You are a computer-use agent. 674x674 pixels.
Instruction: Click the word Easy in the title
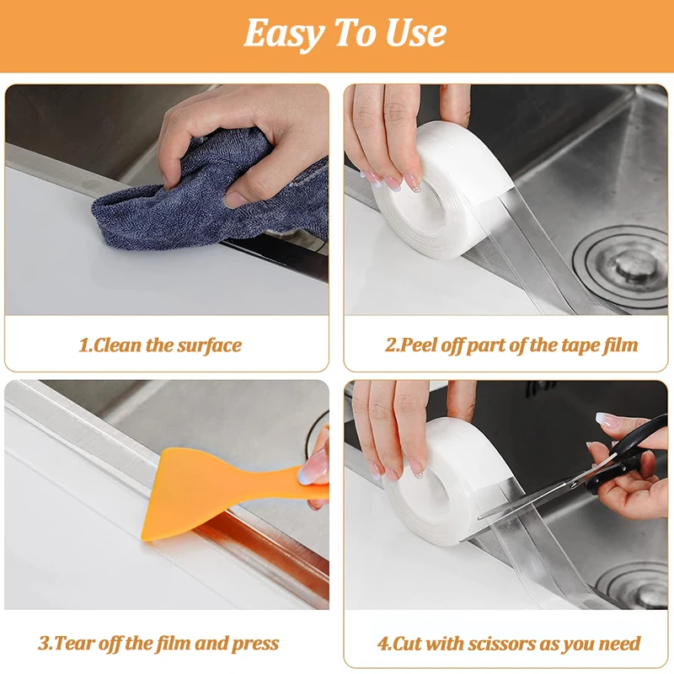pyautogui.click(x=285, y=35)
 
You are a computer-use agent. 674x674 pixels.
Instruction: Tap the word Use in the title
pyautogui.click(x=416, y=33)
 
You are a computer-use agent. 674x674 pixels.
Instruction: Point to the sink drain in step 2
pyautogui.click(x=621, y=265)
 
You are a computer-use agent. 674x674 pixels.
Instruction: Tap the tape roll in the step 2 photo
pyautogui.click(x=443, y=189)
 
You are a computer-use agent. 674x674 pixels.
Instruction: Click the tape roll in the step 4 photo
pyautogui.click(x=447, y=481)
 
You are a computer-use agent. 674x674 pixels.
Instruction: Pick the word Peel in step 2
pyautogui.click(x=417, y=345)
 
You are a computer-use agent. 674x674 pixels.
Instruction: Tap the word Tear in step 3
pyautogui.click(x=75, y=644)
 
